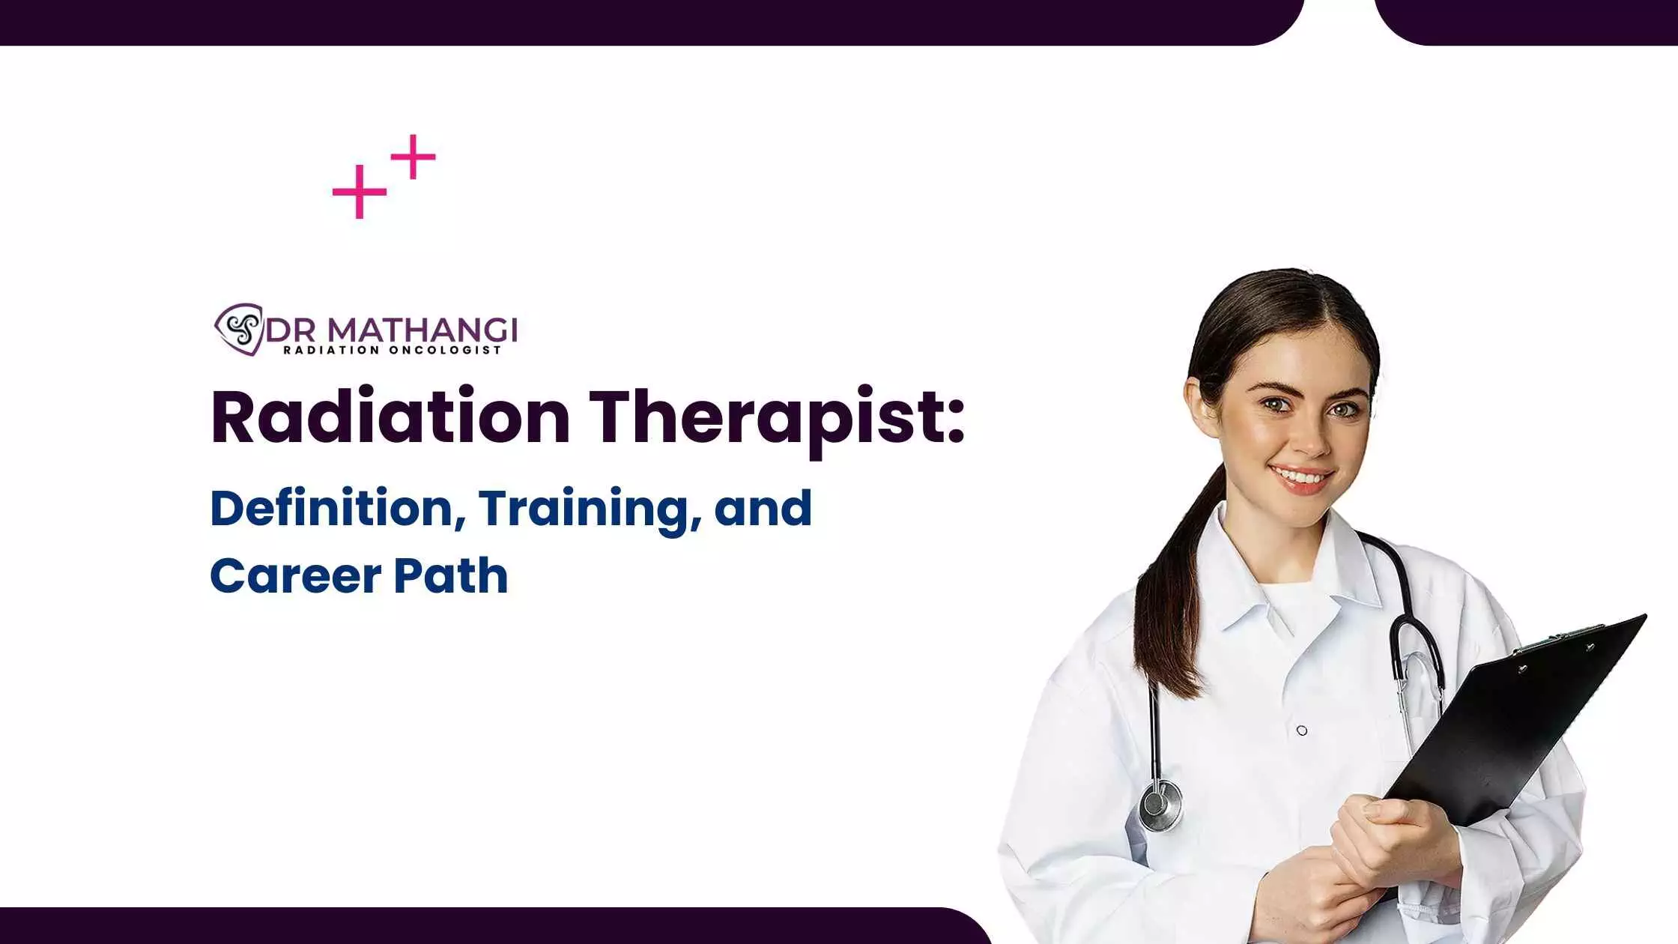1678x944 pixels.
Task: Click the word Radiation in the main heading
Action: pos(390,417)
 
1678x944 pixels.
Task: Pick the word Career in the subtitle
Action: pos(296,576)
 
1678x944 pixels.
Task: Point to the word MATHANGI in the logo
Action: pos(422,330)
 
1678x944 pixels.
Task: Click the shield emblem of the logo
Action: pos(239,329)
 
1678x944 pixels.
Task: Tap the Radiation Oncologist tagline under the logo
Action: pos(392,350)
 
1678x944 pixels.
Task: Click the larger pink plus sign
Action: pos(360,192)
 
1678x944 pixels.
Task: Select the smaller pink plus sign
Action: pos(413,157)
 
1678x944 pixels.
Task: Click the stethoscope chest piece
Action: pos(1160,806)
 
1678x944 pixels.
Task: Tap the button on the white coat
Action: pos(1302,730)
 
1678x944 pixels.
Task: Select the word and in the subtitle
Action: pos(763,509)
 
